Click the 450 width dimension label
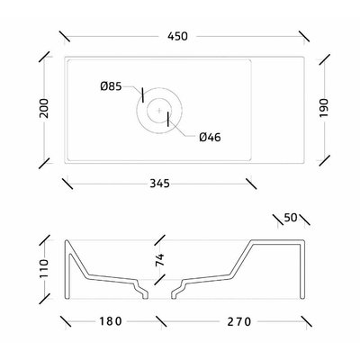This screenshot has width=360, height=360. (x=177, y=36)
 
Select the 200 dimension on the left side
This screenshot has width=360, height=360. (x=44, y=108)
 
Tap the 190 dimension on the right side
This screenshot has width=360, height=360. (x=324, y=108)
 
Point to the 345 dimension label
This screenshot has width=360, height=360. (x=159, y=184)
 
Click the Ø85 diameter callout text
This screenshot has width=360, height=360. (x=111, y=86)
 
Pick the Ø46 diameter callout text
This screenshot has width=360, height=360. (x=210, y=138)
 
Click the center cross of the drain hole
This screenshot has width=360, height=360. (x=159, y=110)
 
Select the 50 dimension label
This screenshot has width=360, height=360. (x=291, y=218)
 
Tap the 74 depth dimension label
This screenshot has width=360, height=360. (x=160, y=260)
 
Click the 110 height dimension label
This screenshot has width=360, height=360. (x=44, y=268)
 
